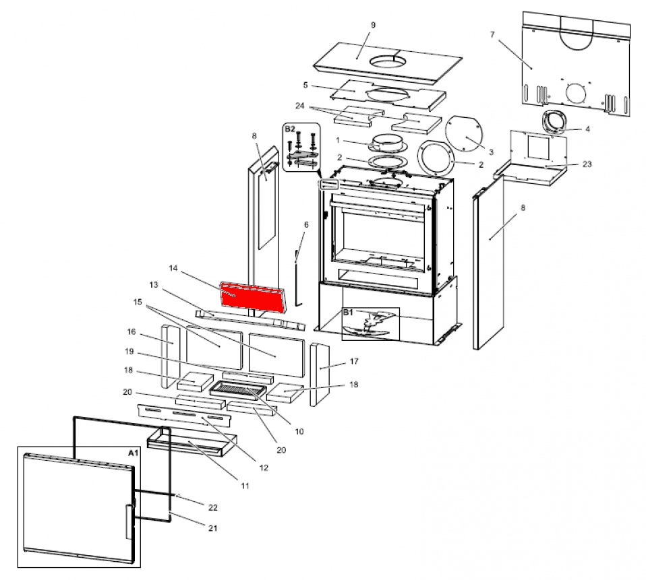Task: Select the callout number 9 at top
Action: (x=373, y=25)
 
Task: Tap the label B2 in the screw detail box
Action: (x=289, y=128)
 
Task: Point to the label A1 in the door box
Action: (x=133, y=453)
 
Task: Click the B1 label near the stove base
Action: (x=348, y=313)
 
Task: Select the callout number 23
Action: (x=587, y=164)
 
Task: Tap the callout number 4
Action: (x=587, y=129)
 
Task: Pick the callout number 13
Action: (x=154, y=285)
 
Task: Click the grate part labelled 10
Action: (x=239, y=389)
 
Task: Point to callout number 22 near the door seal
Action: (x=213, y=507)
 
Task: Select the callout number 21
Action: (x=213, y=528)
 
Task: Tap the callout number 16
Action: (x=131, y=331)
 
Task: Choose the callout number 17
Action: (x=353, y=362)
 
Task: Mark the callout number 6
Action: (x=305, y=224)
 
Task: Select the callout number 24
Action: (x=301, y=106)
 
